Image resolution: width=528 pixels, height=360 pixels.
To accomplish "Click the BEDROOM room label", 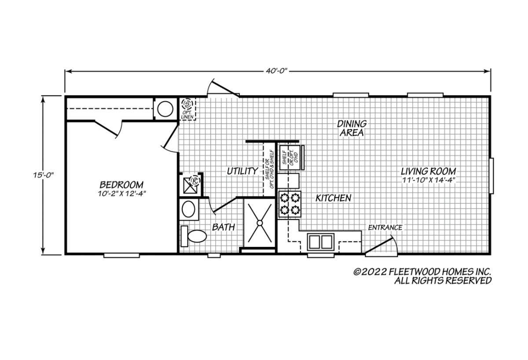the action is tap(121, 184).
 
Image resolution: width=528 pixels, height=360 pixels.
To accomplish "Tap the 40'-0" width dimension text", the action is tap(277, 71).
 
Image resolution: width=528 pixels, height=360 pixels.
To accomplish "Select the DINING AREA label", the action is tap(352, 128).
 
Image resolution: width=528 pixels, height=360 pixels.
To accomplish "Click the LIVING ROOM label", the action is tap(428, 171).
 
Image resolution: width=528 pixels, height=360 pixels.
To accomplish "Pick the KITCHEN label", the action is tap(334, 198).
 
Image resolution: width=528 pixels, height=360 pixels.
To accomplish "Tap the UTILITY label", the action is tap(242, 171).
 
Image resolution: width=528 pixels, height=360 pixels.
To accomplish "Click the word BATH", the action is tap(224, 227).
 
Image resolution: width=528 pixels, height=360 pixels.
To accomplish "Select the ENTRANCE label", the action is tap(385, 228).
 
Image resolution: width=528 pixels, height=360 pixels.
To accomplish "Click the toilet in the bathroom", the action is tap(194, 236).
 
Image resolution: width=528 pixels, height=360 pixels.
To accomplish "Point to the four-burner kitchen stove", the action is tap(290, 204).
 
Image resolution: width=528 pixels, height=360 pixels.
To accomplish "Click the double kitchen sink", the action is tap(321, 242).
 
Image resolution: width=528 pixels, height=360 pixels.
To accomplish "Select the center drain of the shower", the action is tap(260, 223).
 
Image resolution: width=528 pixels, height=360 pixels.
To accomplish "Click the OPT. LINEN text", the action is tap(187, 115).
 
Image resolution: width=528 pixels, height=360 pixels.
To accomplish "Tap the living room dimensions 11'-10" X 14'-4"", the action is tap(428, 180).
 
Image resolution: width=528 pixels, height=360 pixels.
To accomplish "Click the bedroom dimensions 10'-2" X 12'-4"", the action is tap(121, 194).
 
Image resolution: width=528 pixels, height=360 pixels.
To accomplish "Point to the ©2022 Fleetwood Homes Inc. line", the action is tap(422, 272).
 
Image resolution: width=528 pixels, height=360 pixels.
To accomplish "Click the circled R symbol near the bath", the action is tap(195, 181).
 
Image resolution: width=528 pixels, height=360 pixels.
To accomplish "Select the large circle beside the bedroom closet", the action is tap(165, 109).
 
